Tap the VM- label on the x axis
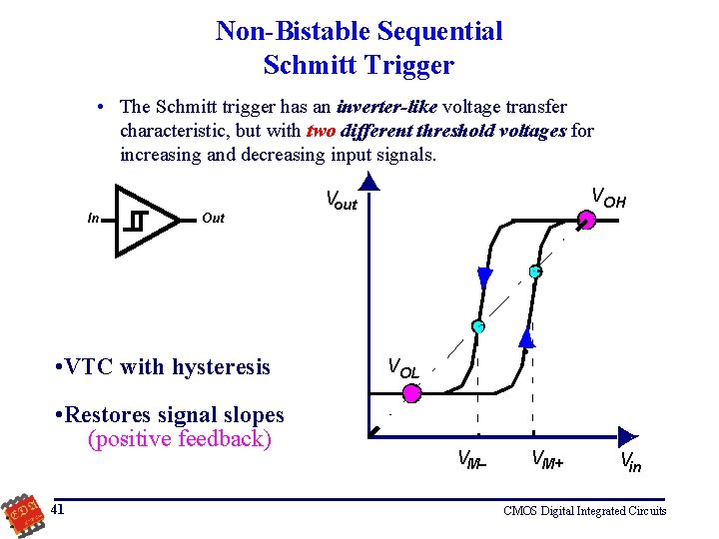point(470,459)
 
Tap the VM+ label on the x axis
point(546,459)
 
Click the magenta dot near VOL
point(411,394)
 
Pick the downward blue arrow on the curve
point(485,276)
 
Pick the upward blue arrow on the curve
point(527,338)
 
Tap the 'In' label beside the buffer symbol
point(93,218)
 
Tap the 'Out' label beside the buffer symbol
point(213,218)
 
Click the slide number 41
point(58,509)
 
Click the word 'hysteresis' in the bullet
point(221,367)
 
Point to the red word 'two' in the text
point(320,131)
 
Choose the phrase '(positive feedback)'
point(180,439)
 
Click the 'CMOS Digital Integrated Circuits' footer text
point(585,511)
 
